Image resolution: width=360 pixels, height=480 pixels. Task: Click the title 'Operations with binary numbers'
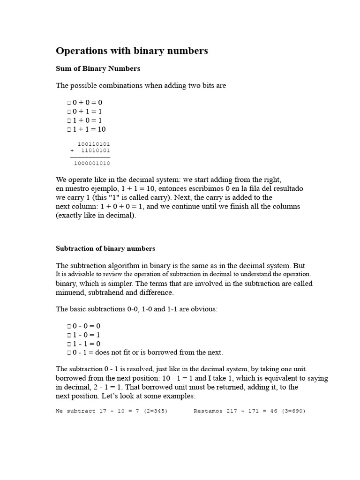tap(132, 51)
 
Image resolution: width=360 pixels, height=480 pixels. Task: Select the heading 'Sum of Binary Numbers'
tap(98, 68)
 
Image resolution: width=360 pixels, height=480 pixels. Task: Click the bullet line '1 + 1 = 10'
tap(89, 129)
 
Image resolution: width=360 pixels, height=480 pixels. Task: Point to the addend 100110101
tap(94, 144)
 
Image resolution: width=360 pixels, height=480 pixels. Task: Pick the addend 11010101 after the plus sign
tap(96, 151)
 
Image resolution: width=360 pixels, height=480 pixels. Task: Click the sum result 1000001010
tap(92, 164)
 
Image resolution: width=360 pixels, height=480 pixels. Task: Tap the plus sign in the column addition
tap(72, 151)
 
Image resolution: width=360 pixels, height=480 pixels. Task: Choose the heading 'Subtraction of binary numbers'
tap(105, 248)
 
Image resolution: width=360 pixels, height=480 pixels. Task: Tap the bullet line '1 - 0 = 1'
tap(87, 335)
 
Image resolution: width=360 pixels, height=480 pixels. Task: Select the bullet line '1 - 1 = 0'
tap(87, 344)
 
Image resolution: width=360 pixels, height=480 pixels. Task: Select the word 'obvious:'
tap(205, 309)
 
